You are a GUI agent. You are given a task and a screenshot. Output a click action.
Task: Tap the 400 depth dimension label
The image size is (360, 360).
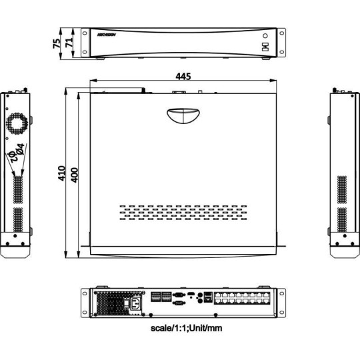click(75, 175)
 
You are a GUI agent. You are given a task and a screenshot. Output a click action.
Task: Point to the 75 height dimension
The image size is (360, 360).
click(57, 42)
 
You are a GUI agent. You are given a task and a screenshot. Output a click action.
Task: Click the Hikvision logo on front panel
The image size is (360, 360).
click(107, 33)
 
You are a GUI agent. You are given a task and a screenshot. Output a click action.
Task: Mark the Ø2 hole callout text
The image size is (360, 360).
click(12, 157)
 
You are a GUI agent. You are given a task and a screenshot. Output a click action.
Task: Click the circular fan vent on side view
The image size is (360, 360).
click(17, 124)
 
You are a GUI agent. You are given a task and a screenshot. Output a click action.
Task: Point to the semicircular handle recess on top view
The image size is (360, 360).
click(181, 115)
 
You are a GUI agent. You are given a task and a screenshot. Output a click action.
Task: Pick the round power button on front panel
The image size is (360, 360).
click(265, 35)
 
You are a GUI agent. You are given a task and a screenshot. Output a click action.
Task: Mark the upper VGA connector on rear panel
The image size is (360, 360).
click(179, 293)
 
